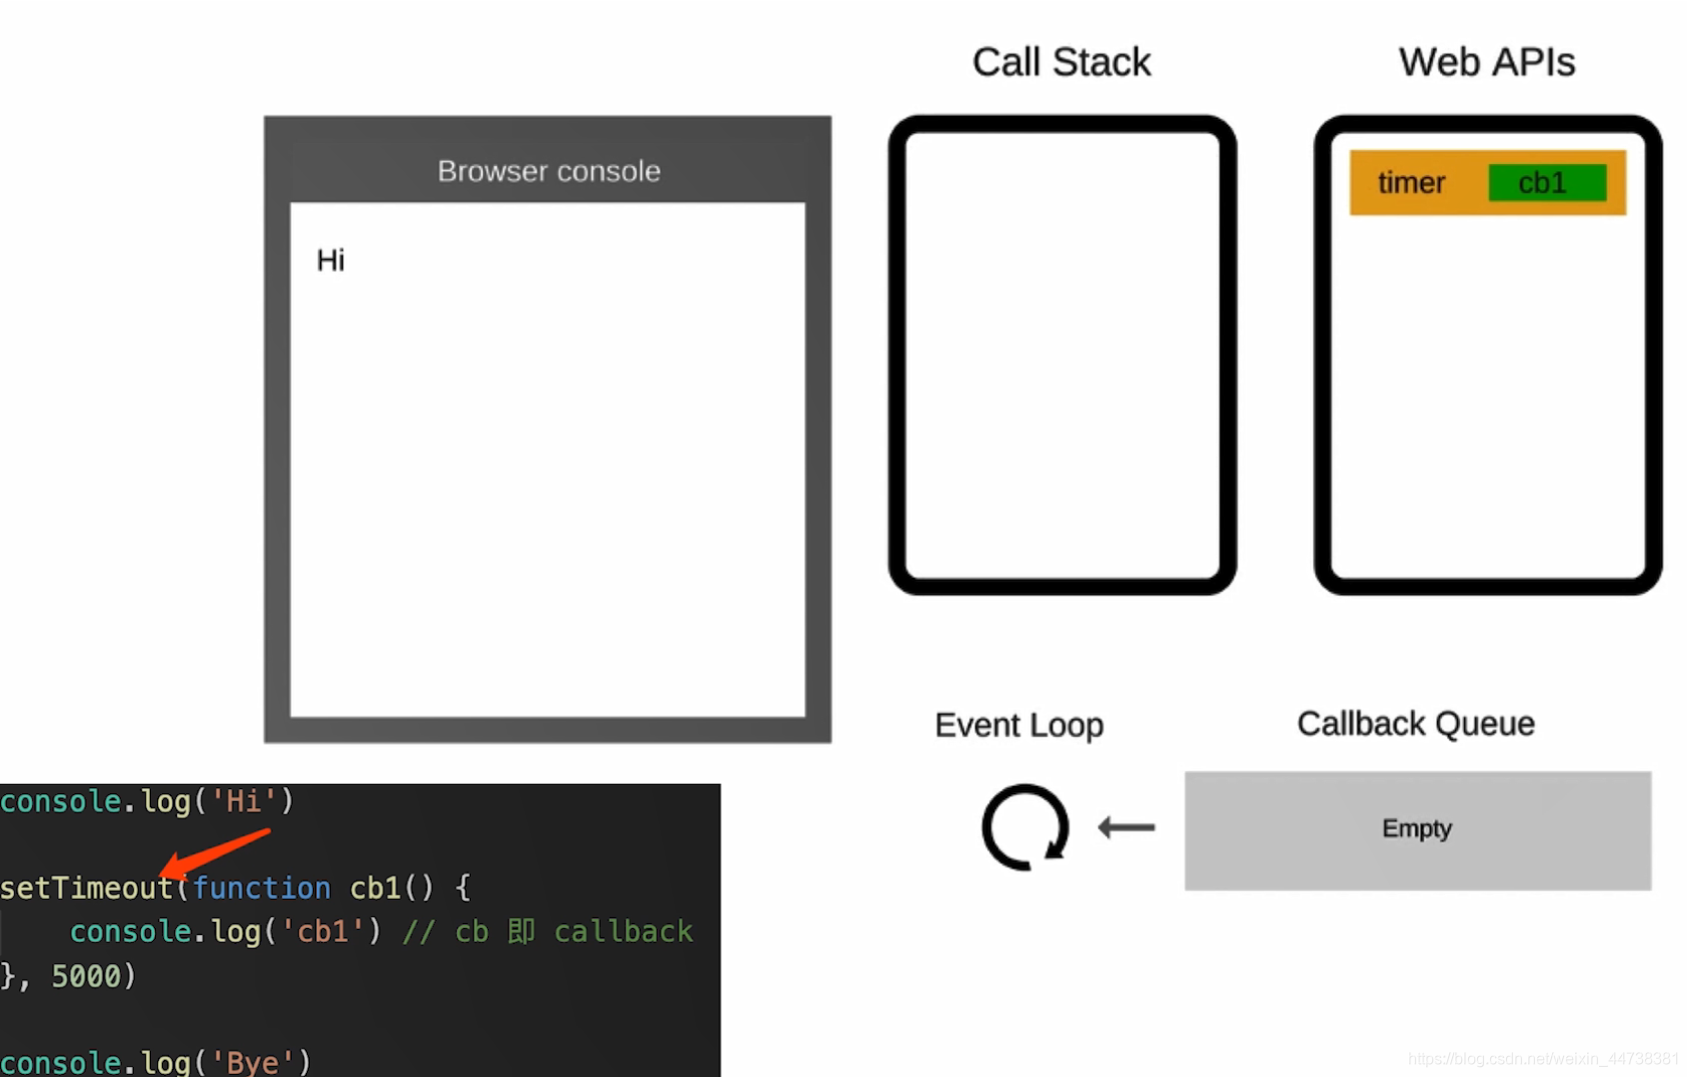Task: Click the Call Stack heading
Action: pyautogui.click(x=1060, y=63)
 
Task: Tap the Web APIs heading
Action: pyautogui.click(x=1486, y=63)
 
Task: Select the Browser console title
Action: pyautogui.click(x=549, y=171)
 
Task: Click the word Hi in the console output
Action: pyautogui.click(x=330, y=261)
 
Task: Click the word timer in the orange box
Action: pyautogui.click(x=1411, y=183)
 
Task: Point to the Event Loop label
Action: pyautogui.click(x=1018, y=725)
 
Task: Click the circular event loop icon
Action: pyautogui.click(x=1024, y=827)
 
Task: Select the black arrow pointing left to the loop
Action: pyautogui.click(x=1126, y=827)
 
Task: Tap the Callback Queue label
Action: pyautogui.click(x=1415, y=724)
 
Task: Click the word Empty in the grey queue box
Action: pyautogui.click(x=1416, y=829)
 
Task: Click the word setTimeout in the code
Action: pyautogui.click(x=86, y=888)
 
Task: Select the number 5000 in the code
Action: pyautogui.click(x=85, y=976)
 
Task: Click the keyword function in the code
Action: pyautogui.click(x=261, y=888)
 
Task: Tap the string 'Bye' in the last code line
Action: pyautogui.click(x=254, y=1062)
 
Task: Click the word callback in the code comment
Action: pyautogui.click(x=623, y=932)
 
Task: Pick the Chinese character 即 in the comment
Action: pyautogui.click(x=521, y=932)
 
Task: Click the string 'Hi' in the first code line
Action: pyautogui.click(x=243, y=801)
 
